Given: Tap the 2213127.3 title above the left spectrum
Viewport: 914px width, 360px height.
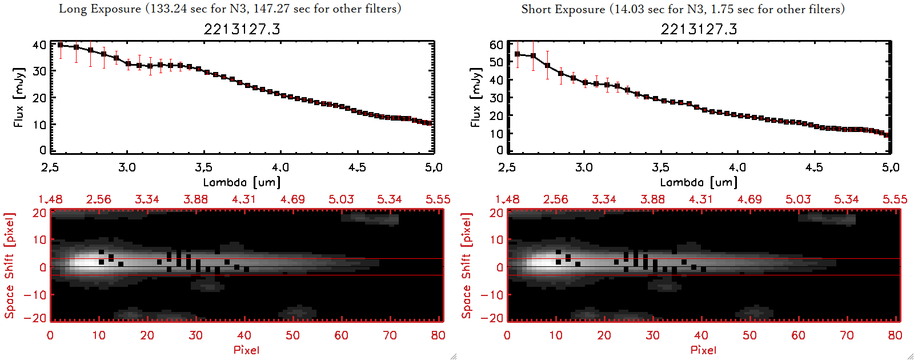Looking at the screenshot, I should [242, 29].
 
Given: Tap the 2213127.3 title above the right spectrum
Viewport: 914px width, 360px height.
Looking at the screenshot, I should [699, 29].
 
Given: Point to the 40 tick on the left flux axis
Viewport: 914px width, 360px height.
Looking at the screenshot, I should [39, 45].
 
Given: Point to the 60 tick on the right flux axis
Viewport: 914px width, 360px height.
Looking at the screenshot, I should [496, 45].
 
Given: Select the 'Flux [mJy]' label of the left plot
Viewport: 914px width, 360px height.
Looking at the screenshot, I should [19, 98].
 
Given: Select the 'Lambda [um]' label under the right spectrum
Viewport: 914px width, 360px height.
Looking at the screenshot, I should [699, 182].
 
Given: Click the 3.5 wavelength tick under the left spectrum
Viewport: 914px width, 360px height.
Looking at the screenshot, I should [203, 167].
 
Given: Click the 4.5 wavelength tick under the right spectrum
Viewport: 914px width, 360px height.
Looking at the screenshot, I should [814, 167].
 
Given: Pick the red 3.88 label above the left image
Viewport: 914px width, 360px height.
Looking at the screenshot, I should [195, 199].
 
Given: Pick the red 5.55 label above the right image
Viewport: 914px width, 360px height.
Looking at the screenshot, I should [895, 199].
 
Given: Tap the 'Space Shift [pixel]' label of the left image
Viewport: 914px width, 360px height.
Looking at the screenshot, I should [9, 266].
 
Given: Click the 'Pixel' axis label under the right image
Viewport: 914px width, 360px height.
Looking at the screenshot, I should [703, 350].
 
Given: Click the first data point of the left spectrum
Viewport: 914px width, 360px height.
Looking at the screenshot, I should [60, 45].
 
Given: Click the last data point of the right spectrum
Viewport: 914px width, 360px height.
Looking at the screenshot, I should [887, 135].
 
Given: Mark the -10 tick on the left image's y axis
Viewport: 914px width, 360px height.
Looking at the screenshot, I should [35, 295].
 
